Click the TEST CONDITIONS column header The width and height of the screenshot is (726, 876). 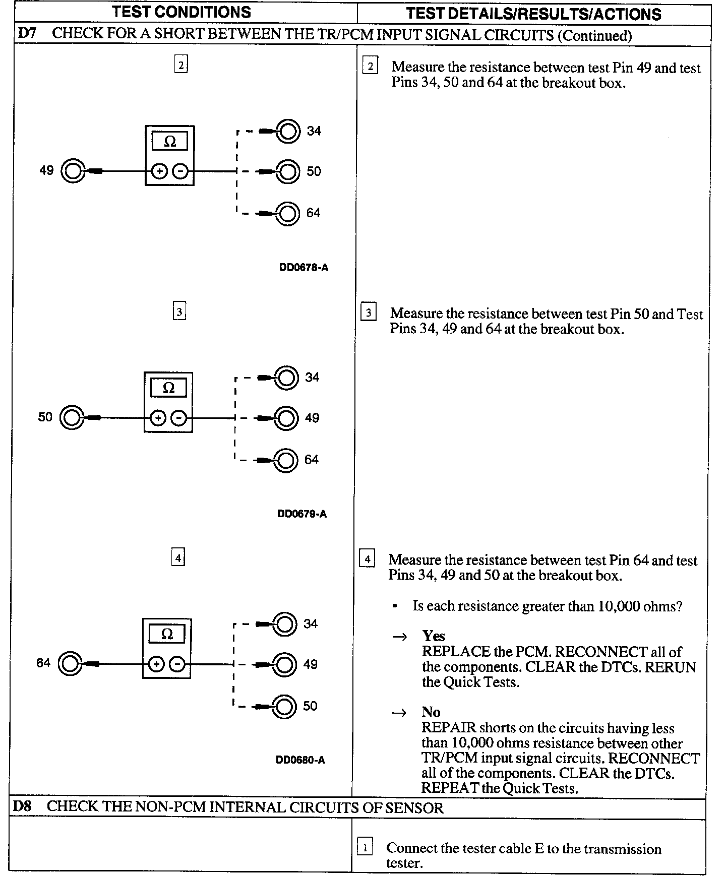tap(181, 12)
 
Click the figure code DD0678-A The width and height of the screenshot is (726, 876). tap(304, 268)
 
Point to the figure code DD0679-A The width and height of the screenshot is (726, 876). tap(302, 514)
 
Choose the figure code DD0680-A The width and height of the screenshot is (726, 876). tap(300, 760)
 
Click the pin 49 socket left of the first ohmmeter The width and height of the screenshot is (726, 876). tap(72, 171)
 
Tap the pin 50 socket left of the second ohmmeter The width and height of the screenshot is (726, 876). tap(71, 418)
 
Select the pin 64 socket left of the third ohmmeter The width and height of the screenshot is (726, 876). tap(69, 664)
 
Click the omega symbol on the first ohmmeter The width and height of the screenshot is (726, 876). tap(170, 142)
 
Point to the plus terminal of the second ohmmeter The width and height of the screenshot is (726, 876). tap(158, 418)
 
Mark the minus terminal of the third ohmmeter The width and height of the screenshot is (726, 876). tap(177, 664)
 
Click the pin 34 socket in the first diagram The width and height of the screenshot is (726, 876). tap(288, 131)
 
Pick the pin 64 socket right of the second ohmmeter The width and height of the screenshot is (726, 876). tap(285, 460)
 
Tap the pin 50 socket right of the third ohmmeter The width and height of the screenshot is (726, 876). tap(284, 706)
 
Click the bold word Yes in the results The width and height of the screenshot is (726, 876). tap(434, 636)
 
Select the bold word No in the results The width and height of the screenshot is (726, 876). tap(431, 712)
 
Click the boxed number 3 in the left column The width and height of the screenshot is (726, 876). tap(179, 311)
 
